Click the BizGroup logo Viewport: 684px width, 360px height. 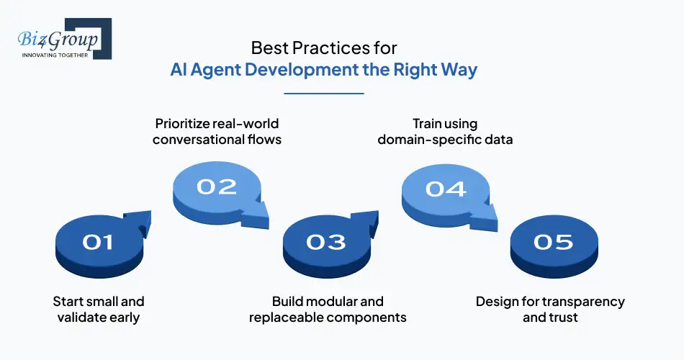coord(61,40)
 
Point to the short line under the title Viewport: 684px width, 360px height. coord(324,93)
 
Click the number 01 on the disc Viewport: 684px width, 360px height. coord(98,243)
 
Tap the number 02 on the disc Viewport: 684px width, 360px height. coord(217,186)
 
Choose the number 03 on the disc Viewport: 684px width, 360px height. coord(326,243)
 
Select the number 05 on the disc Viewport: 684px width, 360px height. coord(553,243)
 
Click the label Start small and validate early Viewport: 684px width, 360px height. coord(99,309)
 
